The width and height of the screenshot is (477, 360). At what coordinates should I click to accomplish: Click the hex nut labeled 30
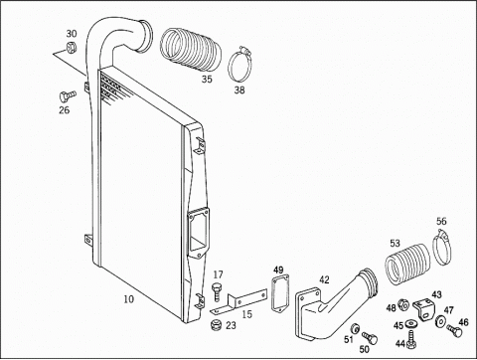tap(72, 48)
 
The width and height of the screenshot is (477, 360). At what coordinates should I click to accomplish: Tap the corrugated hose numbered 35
tap(191, 50)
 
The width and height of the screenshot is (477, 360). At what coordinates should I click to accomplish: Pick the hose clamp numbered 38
tap(239, 64)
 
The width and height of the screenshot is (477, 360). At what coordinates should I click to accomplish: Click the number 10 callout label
tap(129, 299)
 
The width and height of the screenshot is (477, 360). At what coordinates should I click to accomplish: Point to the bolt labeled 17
tap(217, 291)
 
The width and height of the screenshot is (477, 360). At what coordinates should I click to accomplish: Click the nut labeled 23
tap(217, 325)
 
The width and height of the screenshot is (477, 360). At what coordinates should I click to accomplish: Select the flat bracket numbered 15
tap(239, 301)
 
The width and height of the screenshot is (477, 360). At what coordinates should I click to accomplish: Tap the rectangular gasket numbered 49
tap(280, 293)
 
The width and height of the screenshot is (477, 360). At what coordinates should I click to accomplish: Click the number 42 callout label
tap(324, 280)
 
